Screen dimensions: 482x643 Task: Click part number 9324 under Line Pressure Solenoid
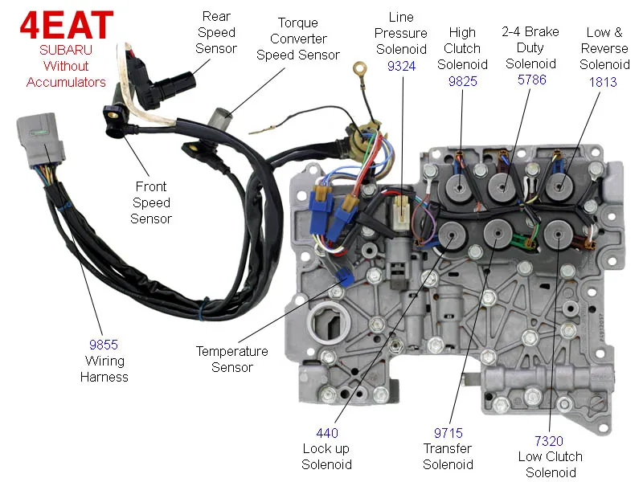click(401, 66)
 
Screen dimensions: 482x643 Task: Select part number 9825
click(462, 80)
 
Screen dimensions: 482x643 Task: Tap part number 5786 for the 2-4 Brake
click(530, 80)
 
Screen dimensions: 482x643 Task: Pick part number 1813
click(604, 80)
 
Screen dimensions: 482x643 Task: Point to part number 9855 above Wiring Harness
click(104, 345)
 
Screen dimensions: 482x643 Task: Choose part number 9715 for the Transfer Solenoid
click(447, 433)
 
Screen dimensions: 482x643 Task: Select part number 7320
click(550, 441)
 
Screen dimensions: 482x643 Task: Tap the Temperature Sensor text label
click(232, 359)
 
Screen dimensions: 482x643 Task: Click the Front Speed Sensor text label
click(152, 202)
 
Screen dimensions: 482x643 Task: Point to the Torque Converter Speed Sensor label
click(298, 39)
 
